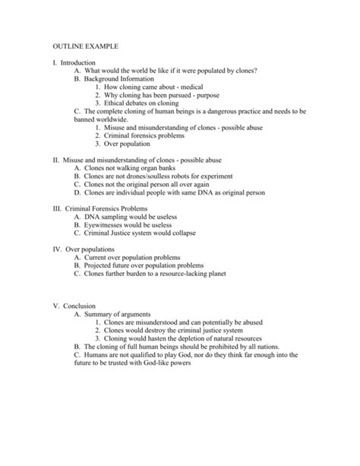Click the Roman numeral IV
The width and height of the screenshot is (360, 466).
coord(56,249)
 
